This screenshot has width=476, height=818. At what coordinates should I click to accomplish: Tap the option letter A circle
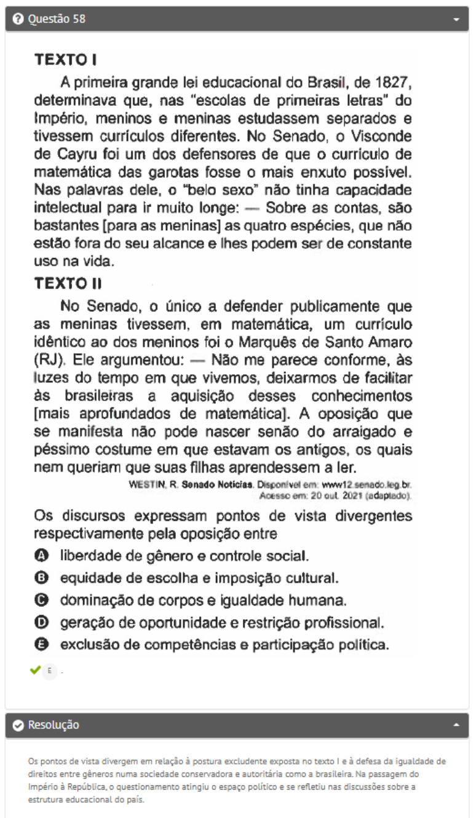point(41,556)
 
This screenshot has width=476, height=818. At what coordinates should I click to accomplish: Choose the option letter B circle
point(41,579)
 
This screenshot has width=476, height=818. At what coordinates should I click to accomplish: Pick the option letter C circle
point(41,600)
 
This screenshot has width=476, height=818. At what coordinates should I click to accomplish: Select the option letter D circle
point(41,622)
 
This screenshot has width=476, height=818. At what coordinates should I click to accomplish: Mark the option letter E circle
point(41,645)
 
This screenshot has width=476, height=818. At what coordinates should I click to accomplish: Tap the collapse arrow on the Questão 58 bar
point(456,20)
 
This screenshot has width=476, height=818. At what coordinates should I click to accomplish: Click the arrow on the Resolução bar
point(456,726)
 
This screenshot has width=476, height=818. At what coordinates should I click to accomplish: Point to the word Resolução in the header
point(54,726)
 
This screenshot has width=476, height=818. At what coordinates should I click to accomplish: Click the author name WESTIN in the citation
point(147,484)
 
